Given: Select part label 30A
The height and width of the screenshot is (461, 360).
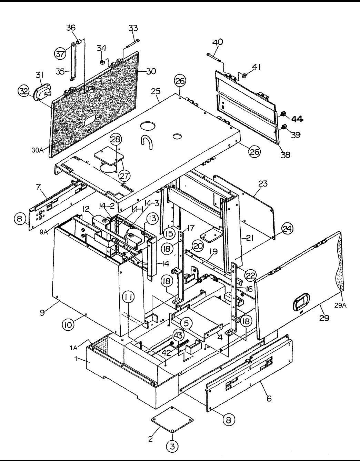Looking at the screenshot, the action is click(37, 150).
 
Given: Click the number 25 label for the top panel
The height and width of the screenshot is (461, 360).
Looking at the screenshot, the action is click(156, 91).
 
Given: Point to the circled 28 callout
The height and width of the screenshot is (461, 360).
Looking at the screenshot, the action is click(116, 139).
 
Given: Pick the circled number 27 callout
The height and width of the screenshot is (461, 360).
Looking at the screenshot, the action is click(124, 176).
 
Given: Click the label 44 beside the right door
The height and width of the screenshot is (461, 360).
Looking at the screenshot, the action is click(297, 119).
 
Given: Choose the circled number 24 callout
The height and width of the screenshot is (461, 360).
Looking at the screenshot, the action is click(287, 229).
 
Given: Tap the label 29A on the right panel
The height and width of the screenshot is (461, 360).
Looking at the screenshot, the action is click(340, 305).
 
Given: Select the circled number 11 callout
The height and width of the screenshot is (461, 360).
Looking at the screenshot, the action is click(129, 297).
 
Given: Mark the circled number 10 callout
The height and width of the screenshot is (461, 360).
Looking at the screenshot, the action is click(68, 325).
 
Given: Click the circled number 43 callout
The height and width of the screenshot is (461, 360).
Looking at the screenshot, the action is click(179, 335).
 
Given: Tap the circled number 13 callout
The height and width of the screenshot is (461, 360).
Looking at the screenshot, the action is click(152, 218).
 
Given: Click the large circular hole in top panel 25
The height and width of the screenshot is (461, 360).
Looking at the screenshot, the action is click(148, 126).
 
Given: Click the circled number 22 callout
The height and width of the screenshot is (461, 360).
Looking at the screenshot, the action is click(251, 275).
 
